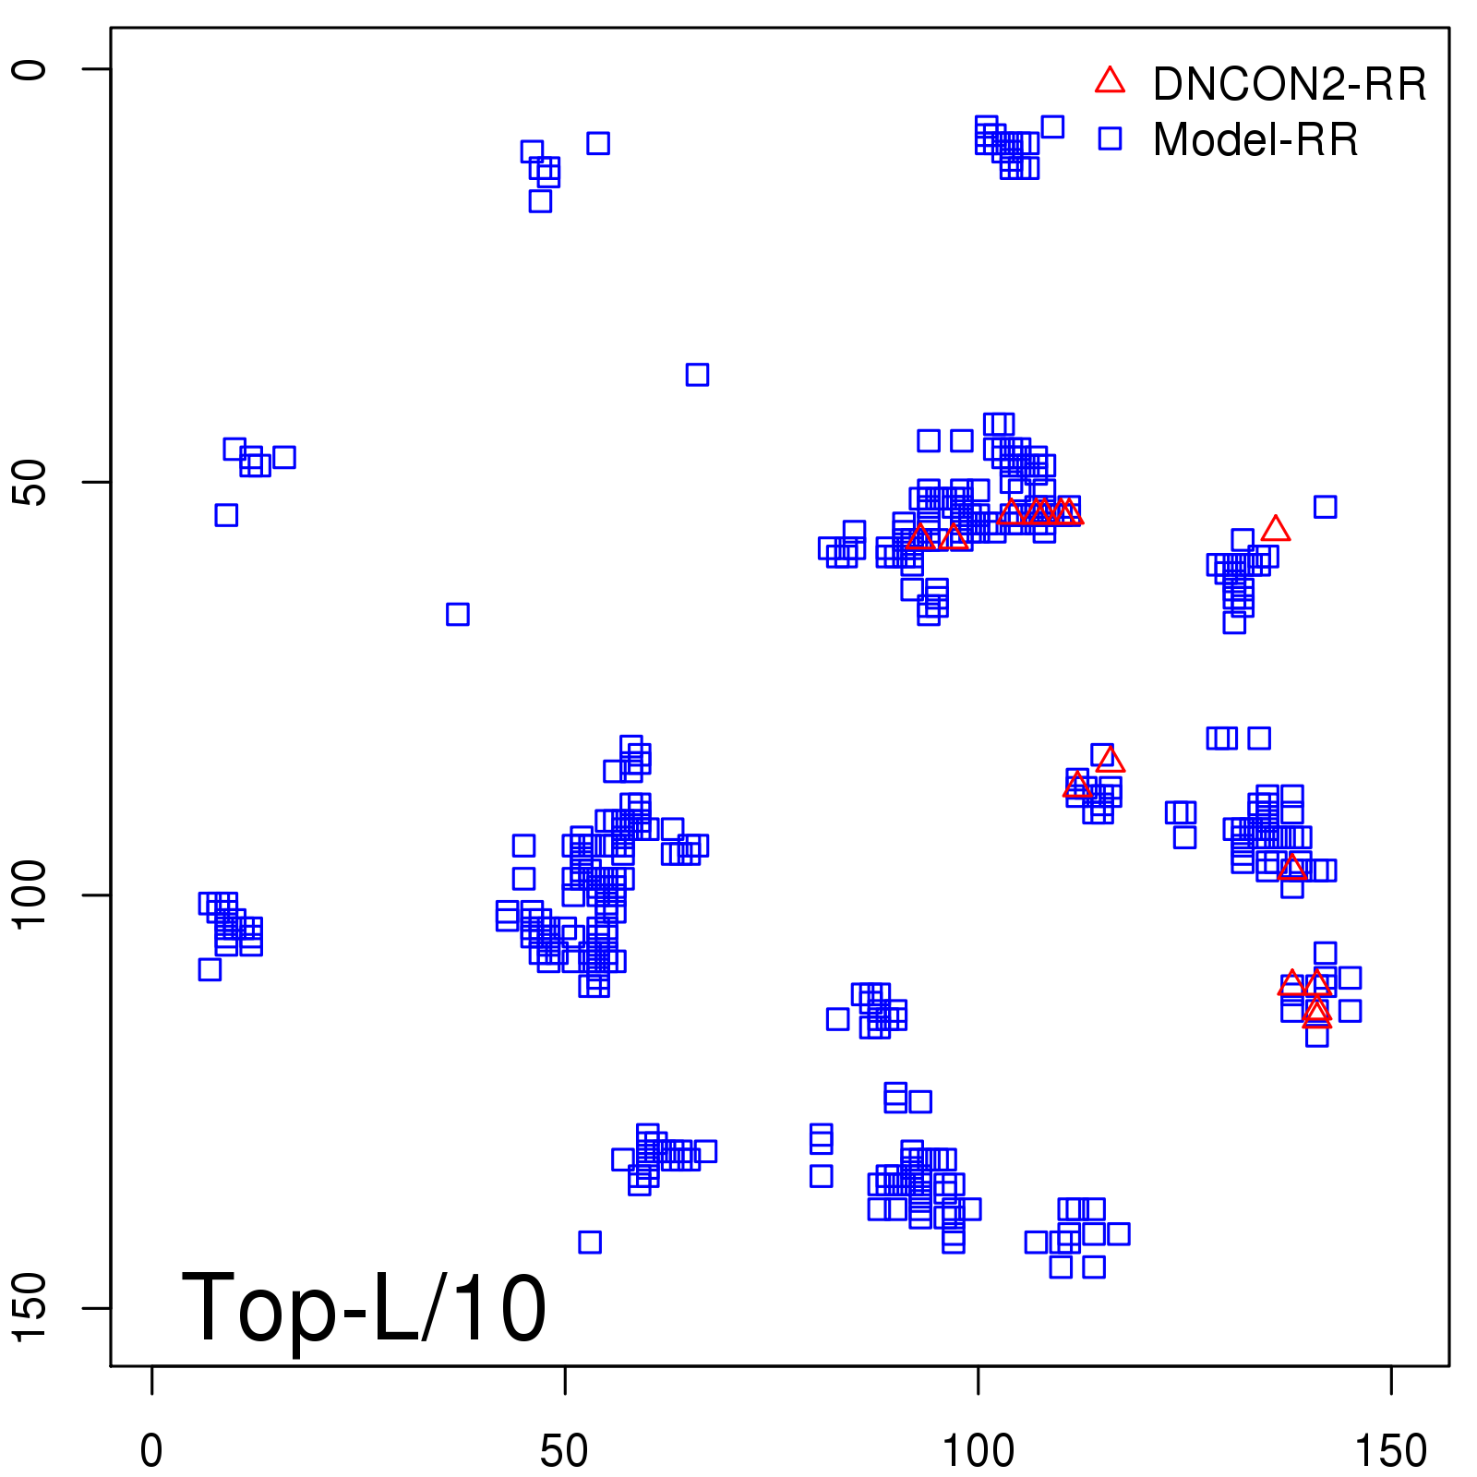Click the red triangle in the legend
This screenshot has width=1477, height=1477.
(x=1110, y=81)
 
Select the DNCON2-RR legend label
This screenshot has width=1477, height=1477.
(x=1290, y=85)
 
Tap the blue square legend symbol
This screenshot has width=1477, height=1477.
(x=1110, y=138)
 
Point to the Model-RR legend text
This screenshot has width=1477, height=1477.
(x=1255, y=140)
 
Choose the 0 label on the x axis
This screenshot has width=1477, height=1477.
(x=151, y=1451)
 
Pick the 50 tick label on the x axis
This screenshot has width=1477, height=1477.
(x=564, y=1451)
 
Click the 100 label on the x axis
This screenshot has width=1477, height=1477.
(x=978, y=1451)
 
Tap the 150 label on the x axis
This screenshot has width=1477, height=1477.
(x=1390, y=1451)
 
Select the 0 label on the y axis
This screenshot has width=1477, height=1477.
(x=30, y=69)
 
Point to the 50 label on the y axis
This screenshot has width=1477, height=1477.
(x=30, y=482)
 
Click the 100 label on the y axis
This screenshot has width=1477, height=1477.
(x=30, y=895)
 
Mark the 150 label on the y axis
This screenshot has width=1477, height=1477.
(x=30, y=1307)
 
